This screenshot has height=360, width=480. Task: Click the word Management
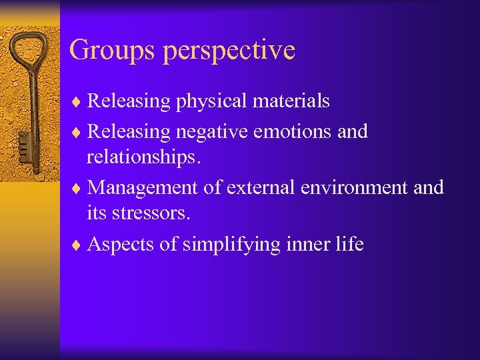(143, 188)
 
